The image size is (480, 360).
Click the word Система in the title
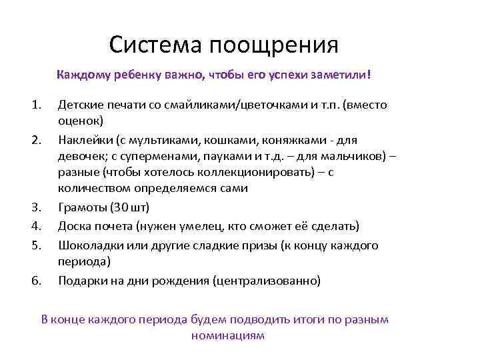[157, 45]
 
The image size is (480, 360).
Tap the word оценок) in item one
[81, 121]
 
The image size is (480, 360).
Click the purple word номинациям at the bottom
[227, 335]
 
